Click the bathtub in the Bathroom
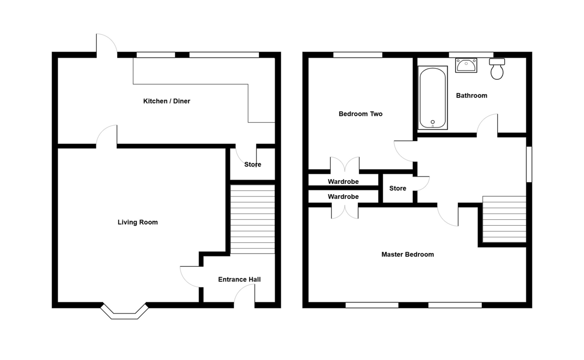(x=433, y=98)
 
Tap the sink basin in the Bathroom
(x=466, y=65)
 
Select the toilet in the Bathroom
(x=497, y=69)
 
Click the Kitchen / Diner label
(x=166, y=101)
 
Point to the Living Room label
(x=138, y=222)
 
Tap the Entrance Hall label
(x=239, y=279)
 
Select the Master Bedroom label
(x=407, y=254)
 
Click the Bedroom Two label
(x=360, y=114)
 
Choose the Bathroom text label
(x=471, y=95)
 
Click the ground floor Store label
(x=253, y=164)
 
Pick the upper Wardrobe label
(x=343, y=181)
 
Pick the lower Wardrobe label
(x=343, y=197)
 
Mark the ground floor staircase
(x=252, y=218)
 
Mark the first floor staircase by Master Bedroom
(x=504, y=219)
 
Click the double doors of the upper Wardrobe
(x=345, y=165)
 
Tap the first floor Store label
(x=398, y=188)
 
